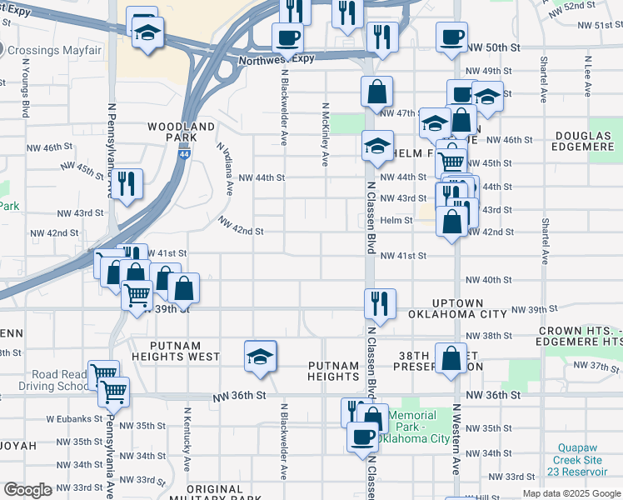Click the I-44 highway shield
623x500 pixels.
(182, 155)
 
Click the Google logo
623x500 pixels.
(27, 490)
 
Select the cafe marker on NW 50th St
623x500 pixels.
(451, 37)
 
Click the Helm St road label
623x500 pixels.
(396, 220)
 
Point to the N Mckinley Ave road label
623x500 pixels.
(324, 133)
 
